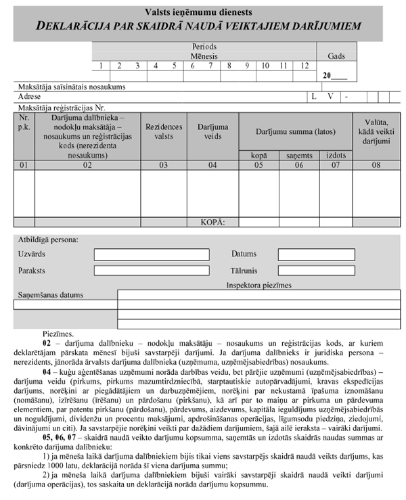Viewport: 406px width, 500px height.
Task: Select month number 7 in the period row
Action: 211,66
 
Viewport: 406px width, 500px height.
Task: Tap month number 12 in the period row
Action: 304,66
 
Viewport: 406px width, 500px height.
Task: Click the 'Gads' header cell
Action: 336,56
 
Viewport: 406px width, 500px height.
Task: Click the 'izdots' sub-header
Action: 334,156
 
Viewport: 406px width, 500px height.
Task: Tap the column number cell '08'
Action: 376,164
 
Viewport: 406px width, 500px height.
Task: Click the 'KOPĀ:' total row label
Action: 213,221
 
